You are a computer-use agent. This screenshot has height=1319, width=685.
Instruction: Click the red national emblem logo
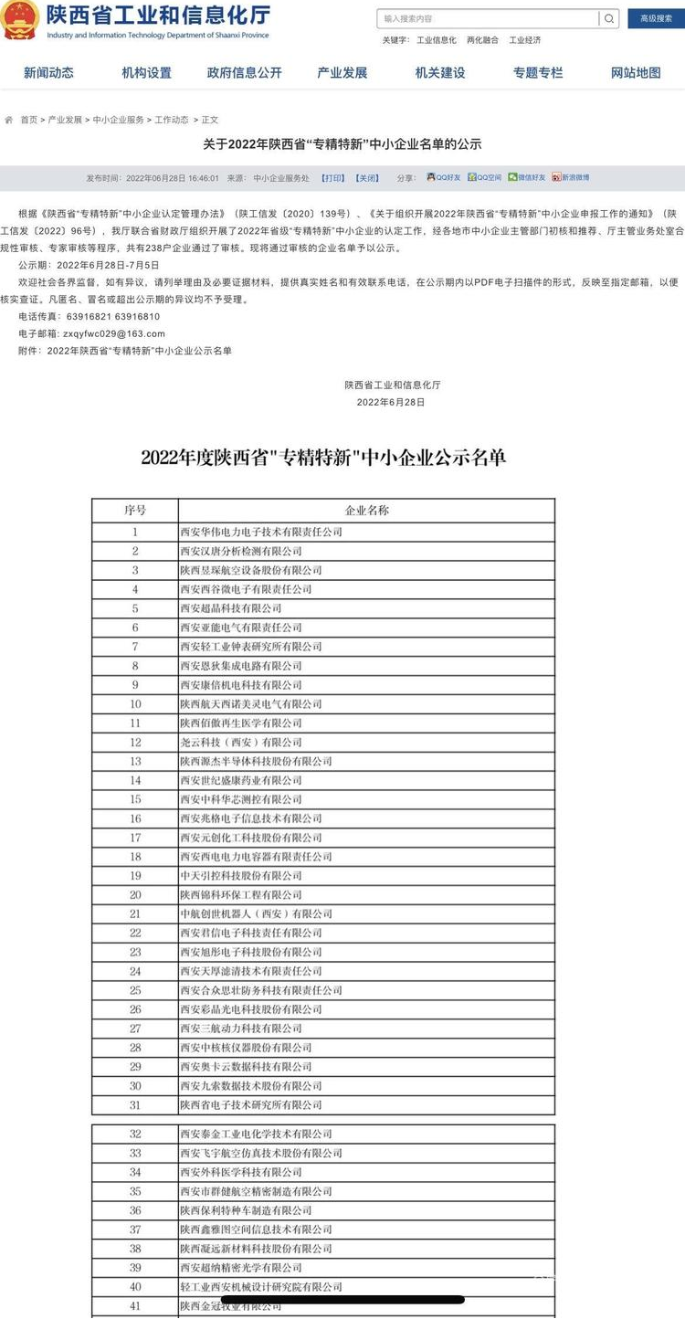click(x=19, y=20)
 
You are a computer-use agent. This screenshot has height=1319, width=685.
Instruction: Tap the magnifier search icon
click(x=609, y=18)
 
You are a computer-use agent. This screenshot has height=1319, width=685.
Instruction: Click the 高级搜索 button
click(x=656, y=18)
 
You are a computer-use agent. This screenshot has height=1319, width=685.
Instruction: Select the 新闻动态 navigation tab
click(x=48, y=73)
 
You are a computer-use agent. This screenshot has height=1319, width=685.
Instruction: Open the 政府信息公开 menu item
click(x=244, y=73)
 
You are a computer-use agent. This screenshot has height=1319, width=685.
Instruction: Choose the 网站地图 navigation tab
click(x=636, y=73)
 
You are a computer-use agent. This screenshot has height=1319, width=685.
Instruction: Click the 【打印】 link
click(x=333, y=178)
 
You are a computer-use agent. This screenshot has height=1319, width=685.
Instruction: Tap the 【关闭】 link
click(x=366, y=178)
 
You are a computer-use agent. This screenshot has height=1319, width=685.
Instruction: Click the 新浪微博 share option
click(x=571, y=177)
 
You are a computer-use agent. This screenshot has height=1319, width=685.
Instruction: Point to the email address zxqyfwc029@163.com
click(x=114, y=334)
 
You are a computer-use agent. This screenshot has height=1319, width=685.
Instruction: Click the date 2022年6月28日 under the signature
click(x=390, y=402)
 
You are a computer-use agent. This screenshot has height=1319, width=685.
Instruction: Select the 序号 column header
click(x=135, y=510)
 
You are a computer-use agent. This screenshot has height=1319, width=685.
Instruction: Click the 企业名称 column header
click(x=366, y=510)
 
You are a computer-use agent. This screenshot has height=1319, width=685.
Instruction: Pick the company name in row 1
click(x=260, y=532)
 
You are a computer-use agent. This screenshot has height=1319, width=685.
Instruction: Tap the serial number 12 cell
click(x=135, y=743)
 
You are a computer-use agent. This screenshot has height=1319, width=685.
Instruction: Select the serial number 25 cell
click(x=135, y=990)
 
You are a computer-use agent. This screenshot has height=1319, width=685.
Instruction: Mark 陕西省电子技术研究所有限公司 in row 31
click(x=250, y=1105)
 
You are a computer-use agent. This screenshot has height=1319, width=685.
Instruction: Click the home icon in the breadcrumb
click(x=9, y=120)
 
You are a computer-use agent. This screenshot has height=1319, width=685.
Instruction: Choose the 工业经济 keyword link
click(x=525, y=40)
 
